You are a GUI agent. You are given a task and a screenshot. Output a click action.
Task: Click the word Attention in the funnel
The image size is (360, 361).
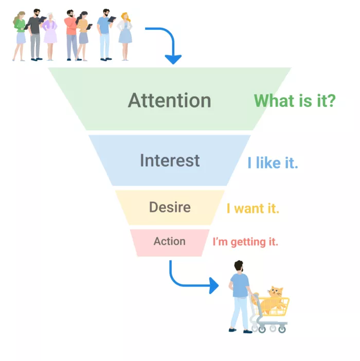coord(169,100)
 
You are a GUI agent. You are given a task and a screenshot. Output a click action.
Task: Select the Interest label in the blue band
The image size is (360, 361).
coord(170,160)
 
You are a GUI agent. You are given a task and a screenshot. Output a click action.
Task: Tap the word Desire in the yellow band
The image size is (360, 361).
coord(170,207)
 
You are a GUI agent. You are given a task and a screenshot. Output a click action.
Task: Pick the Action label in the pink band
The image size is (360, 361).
coord(170,241)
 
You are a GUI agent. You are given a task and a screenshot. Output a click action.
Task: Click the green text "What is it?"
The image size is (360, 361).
coord(295,101)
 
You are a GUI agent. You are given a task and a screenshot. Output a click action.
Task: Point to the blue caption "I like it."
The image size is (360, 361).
coord(273,163)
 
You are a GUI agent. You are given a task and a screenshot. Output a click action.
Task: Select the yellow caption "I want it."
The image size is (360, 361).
coord(253,208)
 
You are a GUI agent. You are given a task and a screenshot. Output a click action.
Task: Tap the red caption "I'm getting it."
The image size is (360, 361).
coord(245,242)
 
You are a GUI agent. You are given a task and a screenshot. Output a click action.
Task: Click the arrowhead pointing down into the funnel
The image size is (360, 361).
coord(173,60)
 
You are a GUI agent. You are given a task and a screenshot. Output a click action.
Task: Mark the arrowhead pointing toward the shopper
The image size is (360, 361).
coord(213,285)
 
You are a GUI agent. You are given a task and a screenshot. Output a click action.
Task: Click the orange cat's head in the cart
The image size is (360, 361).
coord(275,292)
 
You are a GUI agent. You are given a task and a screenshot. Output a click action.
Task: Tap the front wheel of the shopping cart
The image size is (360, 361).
coord(282,329)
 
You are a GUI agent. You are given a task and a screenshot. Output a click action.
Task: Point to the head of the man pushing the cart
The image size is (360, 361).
coord(239,266)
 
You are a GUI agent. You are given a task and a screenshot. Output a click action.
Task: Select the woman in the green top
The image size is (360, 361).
coord(20,36)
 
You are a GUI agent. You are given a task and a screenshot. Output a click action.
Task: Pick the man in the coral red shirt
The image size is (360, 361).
coord(71,35)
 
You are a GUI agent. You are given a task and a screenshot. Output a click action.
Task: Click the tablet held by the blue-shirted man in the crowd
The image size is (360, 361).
coord(112,20)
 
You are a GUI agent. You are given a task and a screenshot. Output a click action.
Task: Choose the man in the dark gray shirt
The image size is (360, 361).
coord(35,35)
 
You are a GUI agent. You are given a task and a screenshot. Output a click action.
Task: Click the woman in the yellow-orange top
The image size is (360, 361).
coord(82,36)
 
